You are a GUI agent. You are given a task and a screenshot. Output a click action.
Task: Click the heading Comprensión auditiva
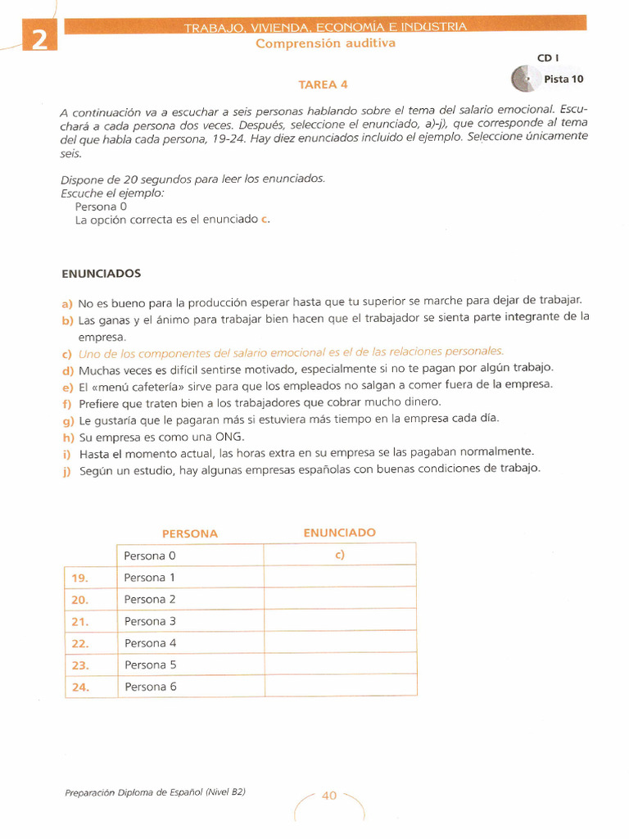click(x=325, y=43)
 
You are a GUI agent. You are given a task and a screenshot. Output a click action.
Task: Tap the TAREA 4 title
click(x=323, y=84)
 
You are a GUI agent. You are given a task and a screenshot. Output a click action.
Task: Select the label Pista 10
click(x=563, y=79)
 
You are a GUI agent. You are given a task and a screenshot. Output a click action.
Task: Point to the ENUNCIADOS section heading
click(x=102, y=274)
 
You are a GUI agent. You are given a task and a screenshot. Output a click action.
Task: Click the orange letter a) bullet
click(x=67, y=302)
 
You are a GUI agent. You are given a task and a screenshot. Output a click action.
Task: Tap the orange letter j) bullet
click(x=67, y=470)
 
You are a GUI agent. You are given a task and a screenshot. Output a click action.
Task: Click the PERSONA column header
click(x=190, y=533)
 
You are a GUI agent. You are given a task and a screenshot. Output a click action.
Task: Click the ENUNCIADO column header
click(x=339, y=533)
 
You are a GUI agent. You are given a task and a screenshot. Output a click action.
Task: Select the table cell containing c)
click(x=339, y=555)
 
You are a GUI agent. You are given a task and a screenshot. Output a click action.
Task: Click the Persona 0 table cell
click(x=190, y=556)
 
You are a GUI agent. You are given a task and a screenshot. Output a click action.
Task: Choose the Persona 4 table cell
click(x=190, y=643)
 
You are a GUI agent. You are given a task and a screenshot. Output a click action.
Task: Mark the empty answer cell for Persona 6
click(x=340, y=687)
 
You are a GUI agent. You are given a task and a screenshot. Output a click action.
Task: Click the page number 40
click(x=329, y=795)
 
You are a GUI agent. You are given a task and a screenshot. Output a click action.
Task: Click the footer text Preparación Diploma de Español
click(x=154, y=792)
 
